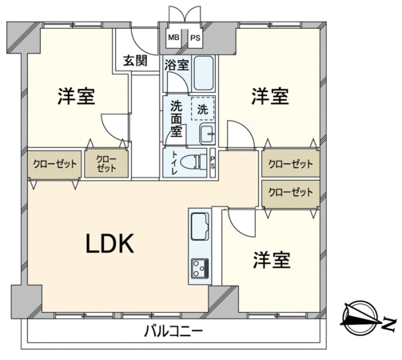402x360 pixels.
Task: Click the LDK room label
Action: [109, 243]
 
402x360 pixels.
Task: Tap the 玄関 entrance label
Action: [135, 61]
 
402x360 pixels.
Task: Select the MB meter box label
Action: [173, 38]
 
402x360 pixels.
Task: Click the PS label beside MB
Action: [195, 38]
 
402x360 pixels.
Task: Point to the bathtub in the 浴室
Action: [204, 73]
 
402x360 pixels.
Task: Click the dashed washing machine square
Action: [203, 109]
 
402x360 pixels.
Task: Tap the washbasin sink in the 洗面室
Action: [207, 134]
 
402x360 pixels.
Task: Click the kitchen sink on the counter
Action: [200, 226]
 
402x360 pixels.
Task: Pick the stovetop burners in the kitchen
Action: [200, 268]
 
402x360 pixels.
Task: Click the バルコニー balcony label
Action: [173, 332]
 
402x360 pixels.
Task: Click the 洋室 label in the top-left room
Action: [77, 96]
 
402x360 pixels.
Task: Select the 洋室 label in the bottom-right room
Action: [272, 260]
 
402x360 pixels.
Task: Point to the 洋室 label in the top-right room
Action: [270, 96]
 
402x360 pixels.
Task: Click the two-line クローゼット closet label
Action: [106, 164]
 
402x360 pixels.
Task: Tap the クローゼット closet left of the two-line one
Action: [54, 164]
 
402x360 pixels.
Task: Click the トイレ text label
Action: [174, 162]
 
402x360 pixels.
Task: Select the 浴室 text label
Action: [177, 65]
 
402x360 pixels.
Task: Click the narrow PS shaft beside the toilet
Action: [213, 162]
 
